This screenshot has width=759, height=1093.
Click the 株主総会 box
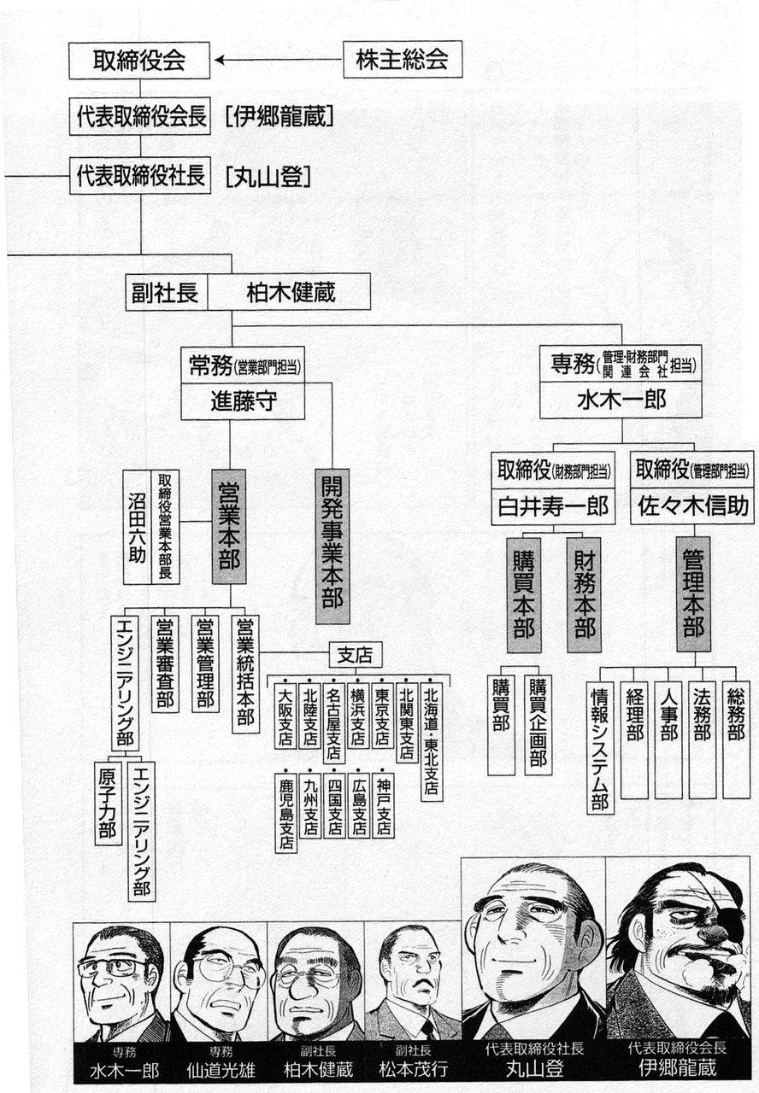click(x=403, y=60)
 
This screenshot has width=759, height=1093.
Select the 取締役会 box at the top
click(x=139, y=61)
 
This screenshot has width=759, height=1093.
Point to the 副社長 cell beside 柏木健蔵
click(x=167, y=292)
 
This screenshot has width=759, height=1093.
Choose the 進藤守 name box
click(x=243, y=401)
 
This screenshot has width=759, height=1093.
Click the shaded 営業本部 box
click(x=229, y=527)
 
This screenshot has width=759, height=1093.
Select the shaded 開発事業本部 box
click(x=332, y=546)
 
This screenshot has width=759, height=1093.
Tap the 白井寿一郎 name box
click(x=553, y=506)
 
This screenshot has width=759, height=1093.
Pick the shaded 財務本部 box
click(x=584, y=595)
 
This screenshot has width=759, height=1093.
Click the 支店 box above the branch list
click(x=356, y=655)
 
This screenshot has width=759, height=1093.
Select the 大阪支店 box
click(x=285, y=715)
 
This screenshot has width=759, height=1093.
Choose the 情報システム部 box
click(x=600, y=747)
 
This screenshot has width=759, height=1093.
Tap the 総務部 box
click(x=736, y=739)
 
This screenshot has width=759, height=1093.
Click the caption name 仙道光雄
click(x=221, y=1070)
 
